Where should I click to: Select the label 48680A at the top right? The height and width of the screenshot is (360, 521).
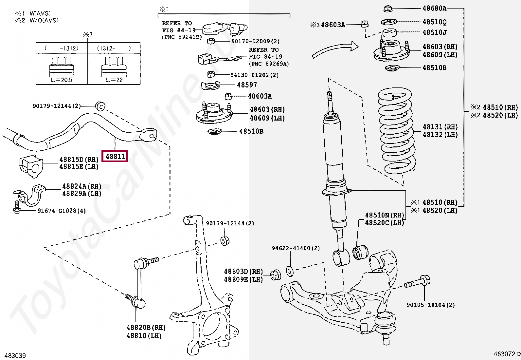point(434,8)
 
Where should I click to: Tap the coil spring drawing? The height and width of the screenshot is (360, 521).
point(397,131)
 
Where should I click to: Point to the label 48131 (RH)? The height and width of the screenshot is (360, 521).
point(440,127)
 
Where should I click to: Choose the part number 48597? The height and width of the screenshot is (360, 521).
point(247,85)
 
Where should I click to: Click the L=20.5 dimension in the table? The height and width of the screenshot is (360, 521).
point(62,80)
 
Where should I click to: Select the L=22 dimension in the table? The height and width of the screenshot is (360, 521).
point(114,80)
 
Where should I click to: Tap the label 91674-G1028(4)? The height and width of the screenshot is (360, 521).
point(62,211)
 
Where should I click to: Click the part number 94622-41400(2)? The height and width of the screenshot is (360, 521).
point(296,248)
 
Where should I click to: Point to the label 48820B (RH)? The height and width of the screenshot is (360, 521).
point(146,328)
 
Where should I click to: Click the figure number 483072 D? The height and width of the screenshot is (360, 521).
point(507,354)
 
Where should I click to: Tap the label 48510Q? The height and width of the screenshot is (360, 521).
point(434,22)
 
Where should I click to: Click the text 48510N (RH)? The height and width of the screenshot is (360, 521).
point(385,215)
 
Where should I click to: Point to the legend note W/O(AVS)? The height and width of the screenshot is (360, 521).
point(44,20)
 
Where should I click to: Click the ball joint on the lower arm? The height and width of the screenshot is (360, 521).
point(385,323)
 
